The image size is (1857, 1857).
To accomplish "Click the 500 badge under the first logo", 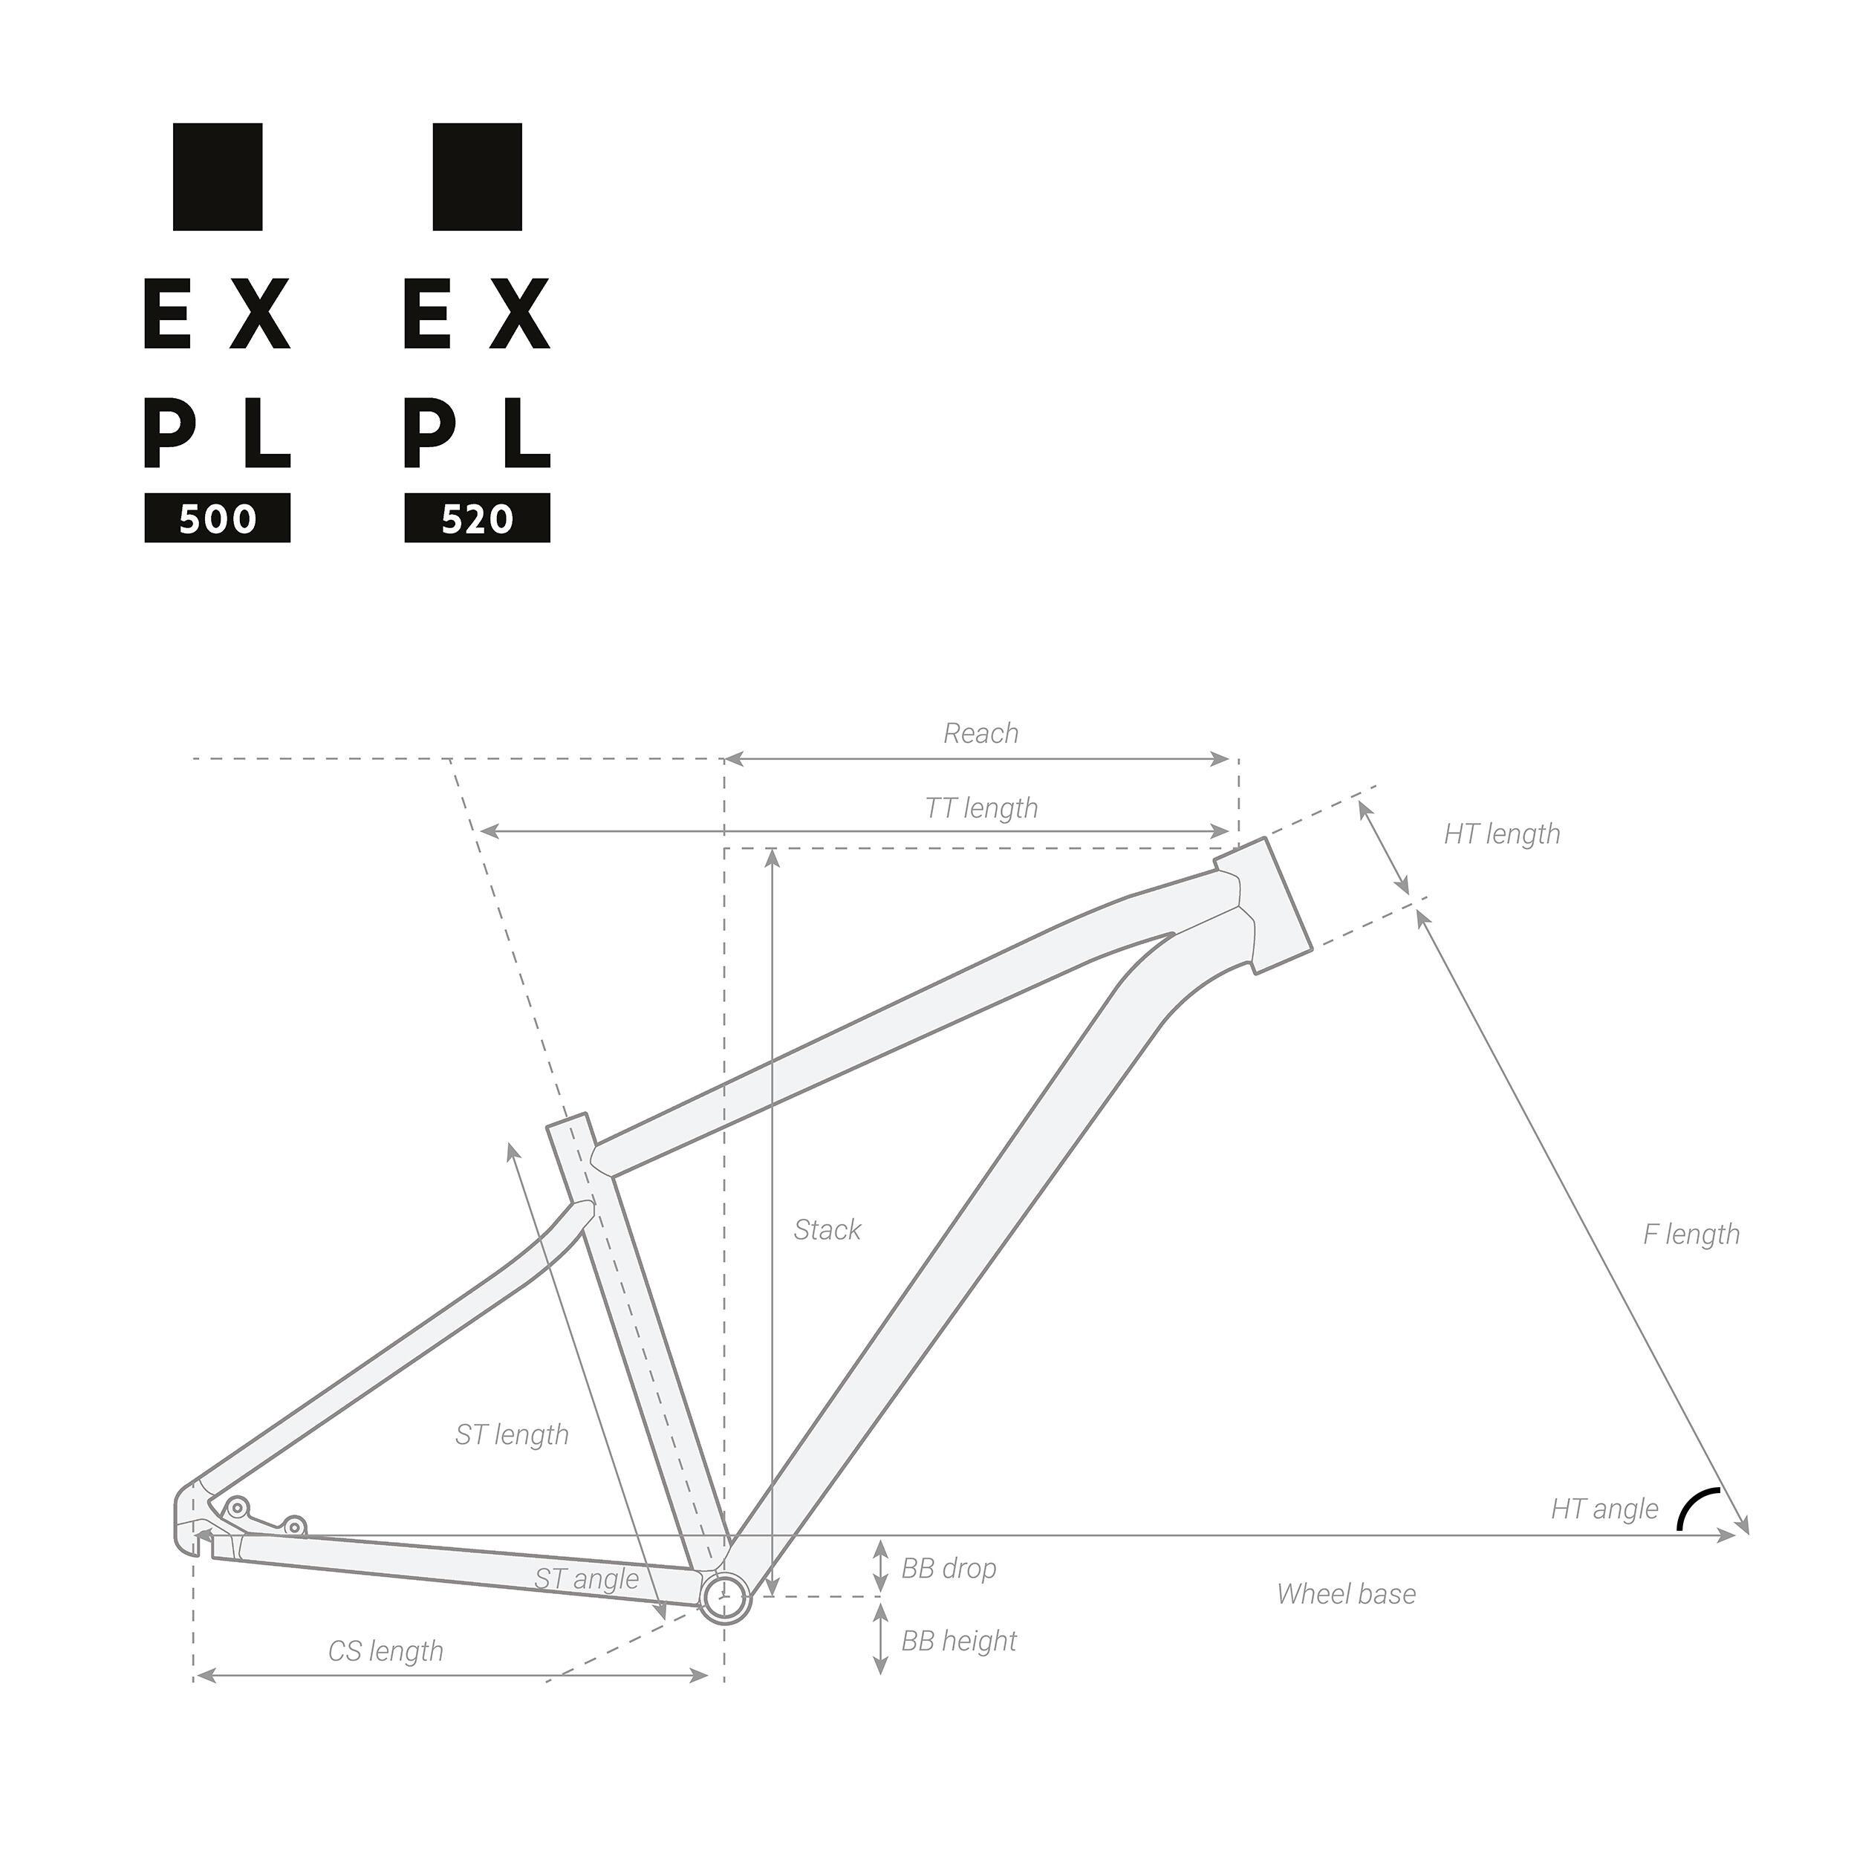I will tap(217, 519).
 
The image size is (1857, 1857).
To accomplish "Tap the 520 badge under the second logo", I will tap(477, 519).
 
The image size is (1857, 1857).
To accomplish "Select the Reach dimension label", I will tap(980, 733).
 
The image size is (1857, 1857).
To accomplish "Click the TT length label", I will tap(980, 807).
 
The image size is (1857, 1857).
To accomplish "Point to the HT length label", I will tap(1501, 833).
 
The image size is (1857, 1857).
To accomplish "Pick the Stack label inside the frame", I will tap(827, 1229).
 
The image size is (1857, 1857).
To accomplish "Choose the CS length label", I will tap(386, 1651).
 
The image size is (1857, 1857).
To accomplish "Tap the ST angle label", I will tap(586, 1578).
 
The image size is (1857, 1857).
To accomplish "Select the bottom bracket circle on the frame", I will tap(723, 1596).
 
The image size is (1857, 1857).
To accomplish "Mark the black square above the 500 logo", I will tap(217, 177).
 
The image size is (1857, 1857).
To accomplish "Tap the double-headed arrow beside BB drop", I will tap(879, 1567).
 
